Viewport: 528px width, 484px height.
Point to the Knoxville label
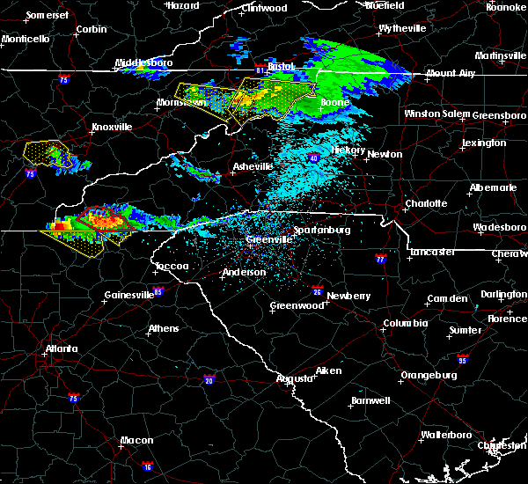(x=113, y=127)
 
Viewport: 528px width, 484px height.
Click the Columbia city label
(x=405, y=323)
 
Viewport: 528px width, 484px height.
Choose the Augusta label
(x=296, y=378)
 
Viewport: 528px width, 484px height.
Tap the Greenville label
(x=269, y=239)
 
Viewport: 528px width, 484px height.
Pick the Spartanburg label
(x=322, y=230)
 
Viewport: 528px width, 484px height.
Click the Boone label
(x=334, y=103)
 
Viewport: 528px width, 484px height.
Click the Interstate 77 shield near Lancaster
(x=380, y=260)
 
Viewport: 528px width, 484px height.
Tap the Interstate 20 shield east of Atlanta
(x=209, y=379)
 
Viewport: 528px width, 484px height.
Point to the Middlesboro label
(x=145, y=63)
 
